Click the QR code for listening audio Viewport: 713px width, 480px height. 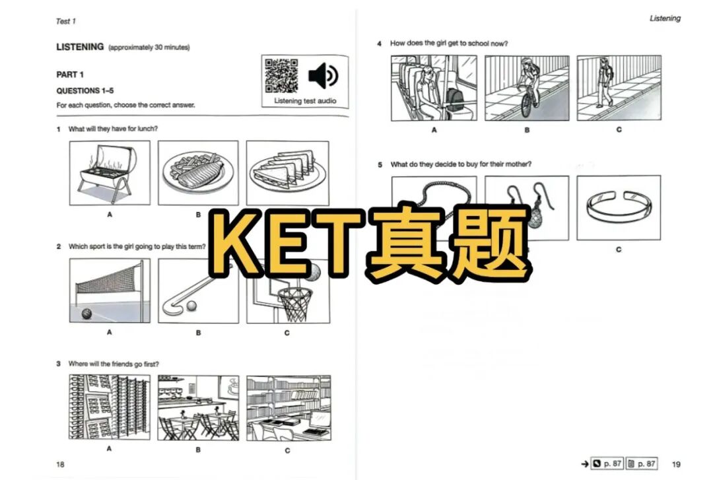coord(281,76)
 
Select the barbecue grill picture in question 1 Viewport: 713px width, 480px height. coord(109,173)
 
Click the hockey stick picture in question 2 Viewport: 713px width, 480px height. coord(198,291)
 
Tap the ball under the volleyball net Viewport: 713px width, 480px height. coord(86,314)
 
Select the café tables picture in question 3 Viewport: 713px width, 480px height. coord(198,407)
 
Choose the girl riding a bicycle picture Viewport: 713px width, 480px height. coord(527,88)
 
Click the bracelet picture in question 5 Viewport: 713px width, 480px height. coord(619,207)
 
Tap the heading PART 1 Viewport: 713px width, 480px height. coord(70,75)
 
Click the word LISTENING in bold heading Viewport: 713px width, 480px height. coord(80,47)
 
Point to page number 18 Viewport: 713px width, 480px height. coord(61,464)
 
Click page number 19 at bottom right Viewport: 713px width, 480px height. coord(676,464)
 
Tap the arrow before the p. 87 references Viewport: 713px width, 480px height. coord(584,464)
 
